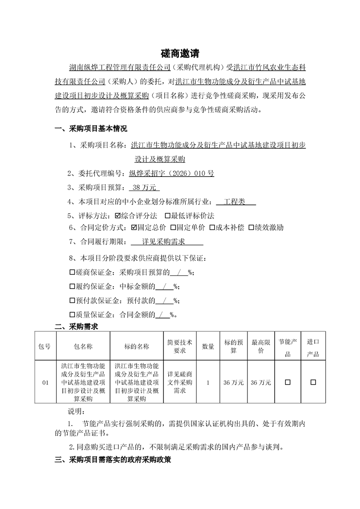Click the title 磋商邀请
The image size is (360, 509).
[180, 54]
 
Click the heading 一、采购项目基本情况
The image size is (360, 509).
[91, 129]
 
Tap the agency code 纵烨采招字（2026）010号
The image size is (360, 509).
[172, 173]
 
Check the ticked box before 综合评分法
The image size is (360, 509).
[118, 215]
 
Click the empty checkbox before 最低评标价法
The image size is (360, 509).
[168, 215]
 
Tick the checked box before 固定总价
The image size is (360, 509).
[134, 228]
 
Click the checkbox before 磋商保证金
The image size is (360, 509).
[72, 273]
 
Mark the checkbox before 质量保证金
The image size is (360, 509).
[72, 314]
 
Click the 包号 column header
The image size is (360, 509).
[45, 346]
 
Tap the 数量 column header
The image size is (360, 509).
[208, 346]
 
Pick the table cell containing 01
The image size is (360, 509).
[45, 383]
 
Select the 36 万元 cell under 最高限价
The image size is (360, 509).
[261, 383]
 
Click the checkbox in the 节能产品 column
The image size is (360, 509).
[287, 382]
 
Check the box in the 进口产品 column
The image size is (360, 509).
[313, 382]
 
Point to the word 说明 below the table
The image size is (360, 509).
[75, 412]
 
